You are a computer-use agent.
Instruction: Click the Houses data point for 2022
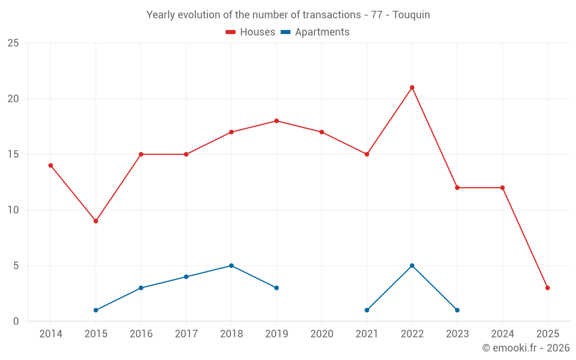pyautogui.click(x=412, y=88)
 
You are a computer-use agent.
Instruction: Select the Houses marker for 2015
pyautogui.click(x=96, y=221)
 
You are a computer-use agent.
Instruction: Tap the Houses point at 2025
pyautogui.click(x=547, y=288)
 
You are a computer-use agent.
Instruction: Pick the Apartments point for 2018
pyautogui.click(x=231, y=266)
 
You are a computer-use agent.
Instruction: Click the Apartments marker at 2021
pyautogui.click(x=367, y=310)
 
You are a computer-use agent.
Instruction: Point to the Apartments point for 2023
pyautogui.click(x=457, y=310)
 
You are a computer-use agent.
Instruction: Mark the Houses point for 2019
pyautogui.click(x=276, y=121)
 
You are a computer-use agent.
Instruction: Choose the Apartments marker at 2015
pyautogui.click(x=96, y=310)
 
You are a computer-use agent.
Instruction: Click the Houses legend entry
pyautogui.click(x=251, y=32)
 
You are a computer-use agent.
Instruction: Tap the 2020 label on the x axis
pyautogui.click(x=321, y=334)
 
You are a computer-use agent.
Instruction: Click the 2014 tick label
pyautogui.click(x=51, y=334)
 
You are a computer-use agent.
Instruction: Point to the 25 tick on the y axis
pyautogui.click(x=13, y=43)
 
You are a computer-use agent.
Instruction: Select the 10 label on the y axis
pyautogui.click(x=13, y=210)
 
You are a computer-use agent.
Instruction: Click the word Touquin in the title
pyautogui.click(x=411, y=15)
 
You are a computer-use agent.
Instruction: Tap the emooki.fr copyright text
pyautogui.click(x=526, y=348)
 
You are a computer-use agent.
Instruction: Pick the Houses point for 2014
pyautogui.click(x=51, y=165)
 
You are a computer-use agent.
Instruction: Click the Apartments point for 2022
pyautogui.click(x=412, y=266)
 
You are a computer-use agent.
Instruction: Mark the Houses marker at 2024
pyautogui.click(x=502, y=188)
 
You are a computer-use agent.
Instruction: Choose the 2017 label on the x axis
pyautogui.click(x=186, y=334)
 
